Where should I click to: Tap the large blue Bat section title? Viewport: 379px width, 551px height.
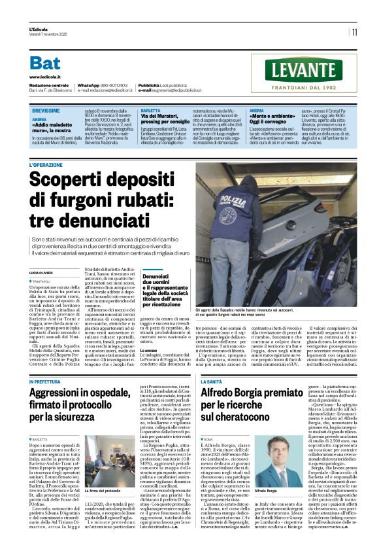tap(45, 63)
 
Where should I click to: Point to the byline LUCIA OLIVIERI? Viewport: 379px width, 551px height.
tap(42, 271)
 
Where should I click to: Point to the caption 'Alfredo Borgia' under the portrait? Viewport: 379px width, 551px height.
tap(267, 490)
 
